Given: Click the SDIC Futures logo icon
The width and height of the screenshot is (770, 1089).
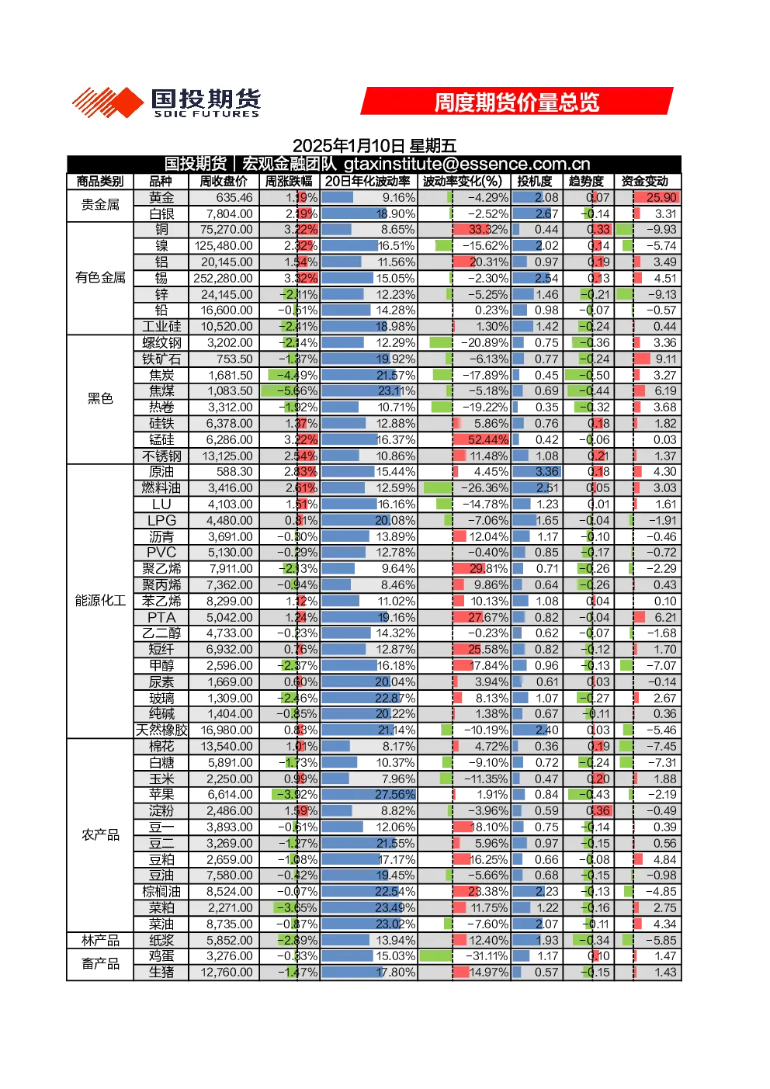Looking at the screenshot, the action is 108,102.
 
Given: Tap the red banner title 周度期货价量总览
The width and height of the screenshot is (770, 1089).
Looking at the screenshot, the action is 517,102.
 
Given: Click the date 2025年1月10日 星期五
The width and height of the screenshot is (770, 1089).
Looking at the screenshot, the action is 374,145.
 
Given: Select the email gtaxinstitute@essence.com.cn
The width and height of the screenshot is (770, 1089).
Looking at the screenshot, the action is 467,164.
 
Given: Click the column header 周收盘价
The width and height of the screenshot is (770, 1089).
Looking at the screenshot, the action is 224,182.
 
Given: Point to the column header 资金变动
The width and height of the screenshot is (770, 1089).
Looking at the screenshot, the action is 644,182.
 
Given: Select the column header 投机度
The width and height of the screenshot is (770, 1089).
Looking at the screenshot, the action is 535,182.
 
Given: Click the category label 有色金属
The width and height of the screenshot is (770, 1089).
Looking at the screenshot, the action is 100,278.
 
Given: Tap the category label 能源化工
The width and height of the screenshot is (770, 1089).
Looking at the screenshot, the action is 100,601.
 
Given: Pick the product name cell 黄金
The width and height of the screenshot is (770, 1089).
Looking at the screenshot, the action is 161,197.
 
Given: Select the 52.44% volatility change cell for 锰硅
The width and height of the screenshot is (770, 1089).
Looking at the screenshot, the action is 480,439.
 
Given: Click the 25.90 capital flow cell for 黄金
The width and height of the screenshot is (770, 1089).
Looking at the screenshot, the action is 656,197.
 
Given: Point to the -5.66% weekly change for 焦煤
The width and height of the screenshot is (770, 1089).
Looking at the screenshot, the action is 290,391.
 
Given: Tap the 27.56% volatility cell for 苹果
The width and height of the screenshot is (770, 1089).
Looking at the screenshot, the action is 369,794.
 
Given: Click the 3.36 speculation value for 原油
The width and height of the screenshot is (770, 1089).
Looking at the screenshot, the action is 536,472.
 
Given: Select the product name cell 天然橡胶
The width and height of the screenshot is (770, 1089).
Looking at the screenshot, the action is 161,730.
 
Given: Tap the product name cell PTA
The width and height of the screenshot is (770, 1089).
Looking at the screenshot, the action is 161,617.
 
